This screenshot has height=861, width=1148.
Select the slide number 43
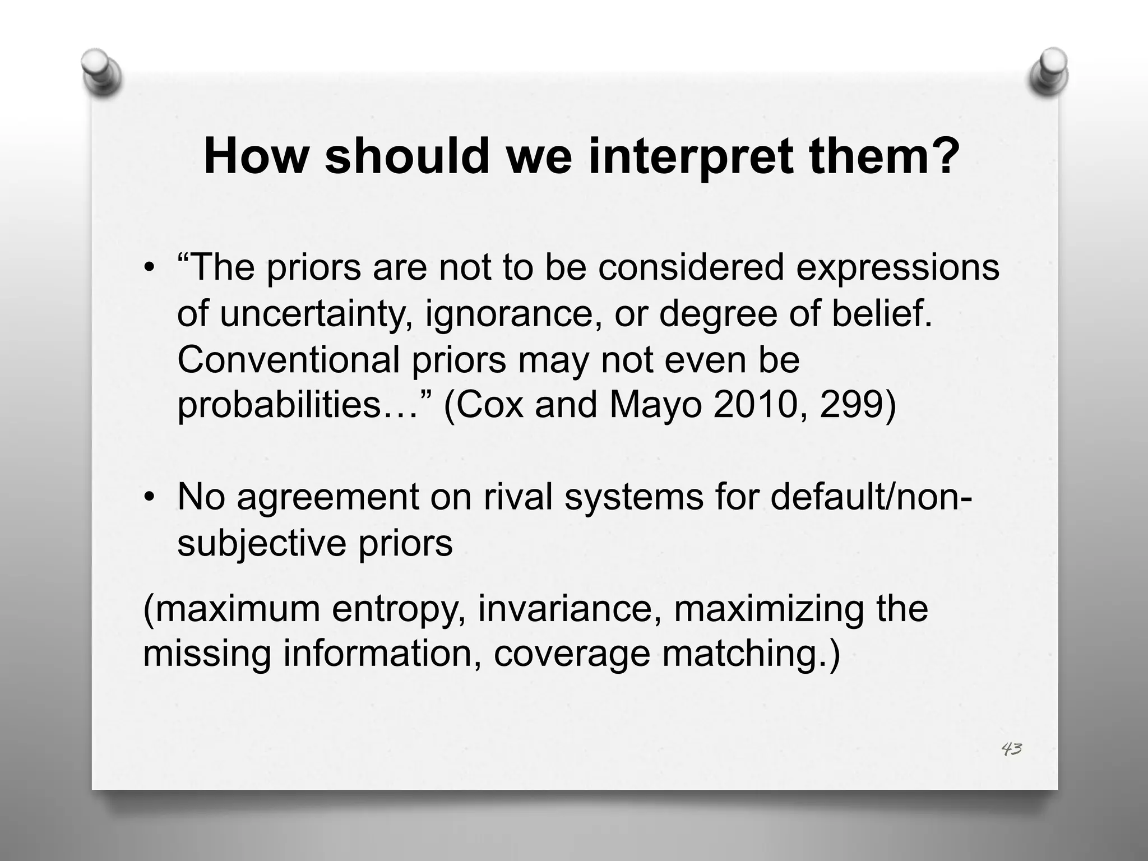point(1012,749)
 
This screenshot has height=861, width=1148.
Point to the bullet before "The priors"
point(148,268)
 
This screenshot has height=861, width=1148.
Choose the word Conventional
point(288,360)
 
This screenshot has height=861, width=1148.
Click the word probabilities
point(279,406)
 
